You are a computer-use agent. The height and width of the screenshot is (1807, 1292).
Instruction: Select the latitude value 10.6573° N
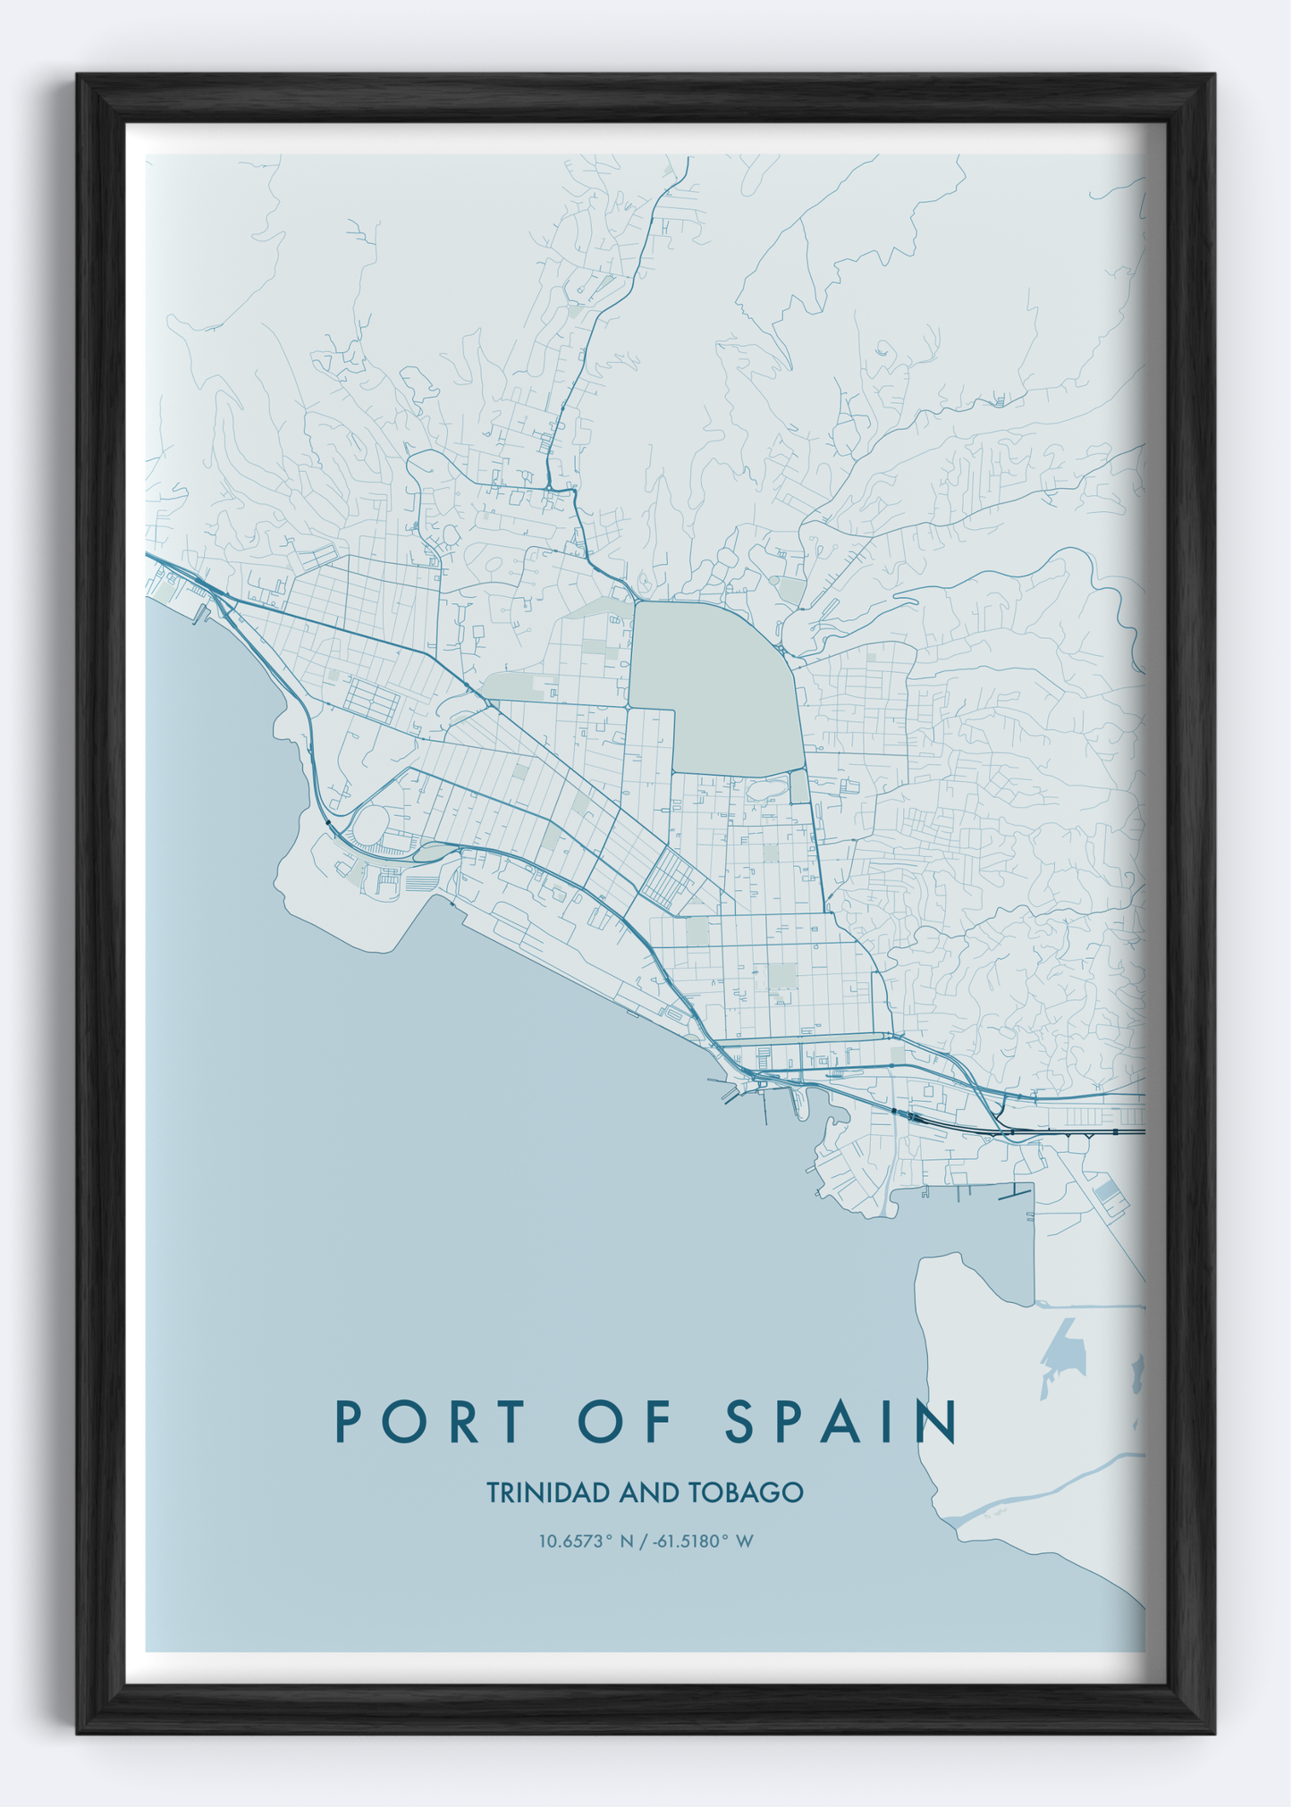pyautogui.click(x=586, y=1541)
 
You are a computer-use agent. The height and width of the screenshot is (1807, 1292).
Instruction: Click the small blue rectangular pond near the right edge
pyautogui.click(x=1107, y=1190)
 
